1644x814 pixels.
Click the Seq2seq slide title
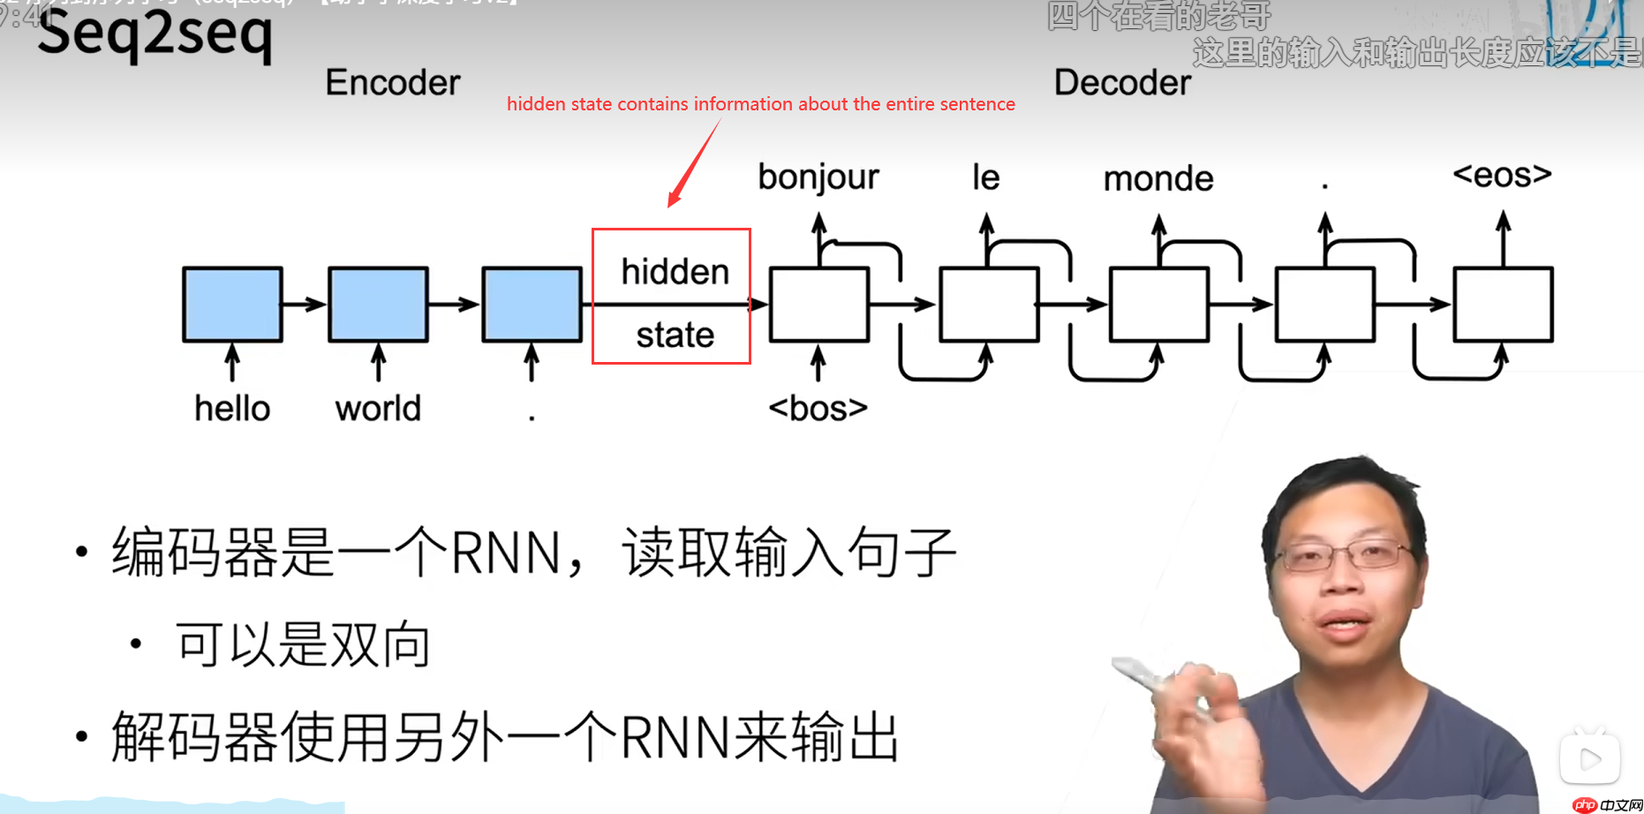[x=155, y=35]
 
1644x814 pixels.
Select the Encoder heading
[x=393, y=83]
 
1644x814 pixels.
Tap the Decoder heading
[x=1122, y=83]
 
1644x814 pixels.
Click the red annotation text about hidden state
[x=760, y=104]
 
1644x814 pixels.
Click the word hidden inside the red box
[x=675, y=272]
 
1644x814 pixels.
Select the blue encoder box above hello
[x=232, y=305]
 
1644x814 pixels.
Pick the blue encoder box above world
[x=378, y=305]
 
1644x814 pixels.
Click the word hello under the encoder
[x=232, y=409]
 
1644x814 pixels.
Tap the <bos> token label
[x=818, y=409]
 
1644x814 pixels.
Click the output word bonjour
[x=818, y=177]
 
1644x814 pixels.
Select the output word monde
[x=1158, y=179]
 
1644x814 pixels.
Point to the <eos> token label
[x=1502, y=175]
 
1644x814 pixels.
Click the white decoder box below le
[x=988, y=305]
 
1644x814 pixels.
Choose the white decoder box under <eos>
[x=1503, y=305]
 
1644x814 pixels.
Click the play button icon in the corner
[x=1589, y=757]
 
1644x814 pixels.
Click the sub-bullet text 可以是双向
[x=303, y=644]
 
